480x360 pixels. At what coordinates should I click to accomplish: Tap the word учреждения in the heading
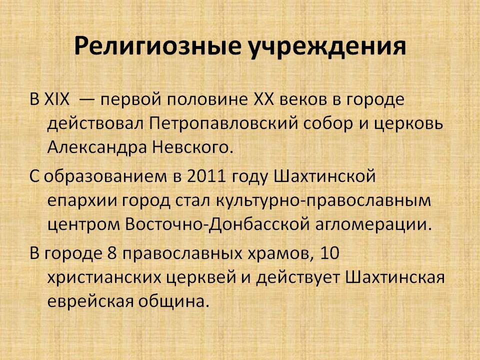coord(327,46)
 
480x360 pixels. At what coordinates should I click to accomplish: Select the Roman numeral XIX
coord(57,99)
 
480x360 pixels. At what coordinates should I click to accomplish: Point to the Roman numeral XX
coord(264,99)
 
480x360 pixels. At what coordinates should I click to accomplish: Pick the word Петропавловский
coord(224,124)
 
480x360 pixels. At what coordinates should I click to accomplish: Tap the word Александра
coord(97,147)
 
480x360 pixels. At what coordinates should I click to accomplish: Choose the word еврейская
coord(90,302)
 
